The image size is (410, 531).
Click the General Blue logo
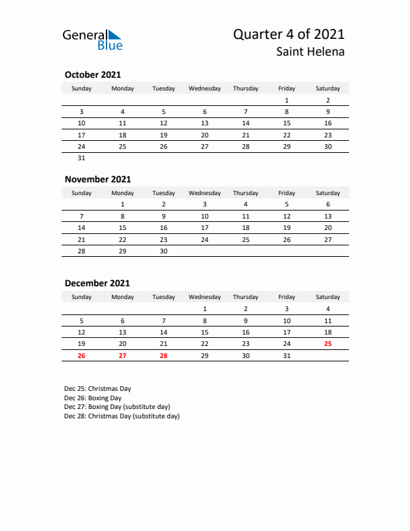pyautogui.click(x=92, y=40)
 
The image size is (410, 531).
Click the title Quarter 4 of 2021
pyautogui.click(x=289, y=35)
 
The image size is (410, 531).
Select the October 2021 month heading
pyautogui.click(x=92, y=75)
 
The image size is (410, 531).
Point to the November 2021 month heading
pyautogui.click(x=98, y=179)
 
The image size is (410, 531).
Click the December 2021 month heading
pyautogui.click(x=97, y=284)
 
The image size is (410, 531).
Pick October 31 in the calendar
pyautogui.click(x=82, y=158)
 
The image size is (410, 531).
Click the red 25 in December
pyautogui.click(x=328, y=344)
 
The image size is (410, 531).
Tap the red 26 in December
pyautogui.click(x=82, y=356)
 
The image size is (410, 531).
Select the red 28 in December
pyautogui.click(x=163, y=356)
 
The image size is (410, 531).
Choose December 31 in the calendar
pyautogui.click(x=287, y=356)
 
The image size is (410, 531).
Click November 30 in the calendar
pyautogui.click(x=163, y=251)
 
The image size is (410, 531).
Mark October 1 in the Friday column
pyautogui.click(x=287, y=101)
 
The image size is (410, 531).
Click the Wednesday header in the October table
pyautogui.click(x=204, y=88)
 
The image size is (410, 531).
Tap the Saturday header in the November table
pyautogui.click(x=328, y=193)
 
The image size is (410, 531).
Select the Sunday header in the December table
pyautogui.click(x=82, y=297)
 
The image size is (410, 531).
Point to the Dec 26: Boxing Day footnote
pyautogui.click(x=93, y=398)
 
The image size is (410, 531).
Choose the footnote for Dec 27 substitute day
pyautogui.click(x=117, y=407)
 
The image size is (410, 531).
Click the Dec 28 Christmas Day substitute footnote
pyautogui.click(x=122, y=416)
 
